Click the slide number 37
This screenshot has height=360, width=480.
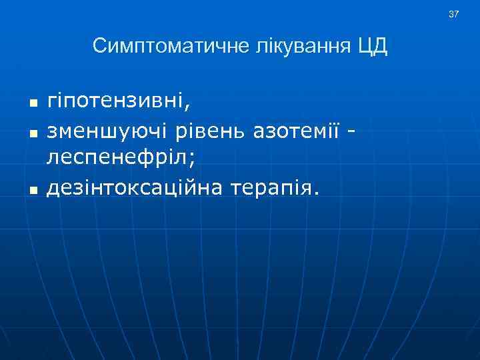(x=454, y=14)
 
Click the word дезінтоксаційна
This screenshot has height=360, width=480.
(x=133, y=189)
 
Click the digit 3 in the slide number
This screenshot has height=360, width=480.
(x=451, y=14)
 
